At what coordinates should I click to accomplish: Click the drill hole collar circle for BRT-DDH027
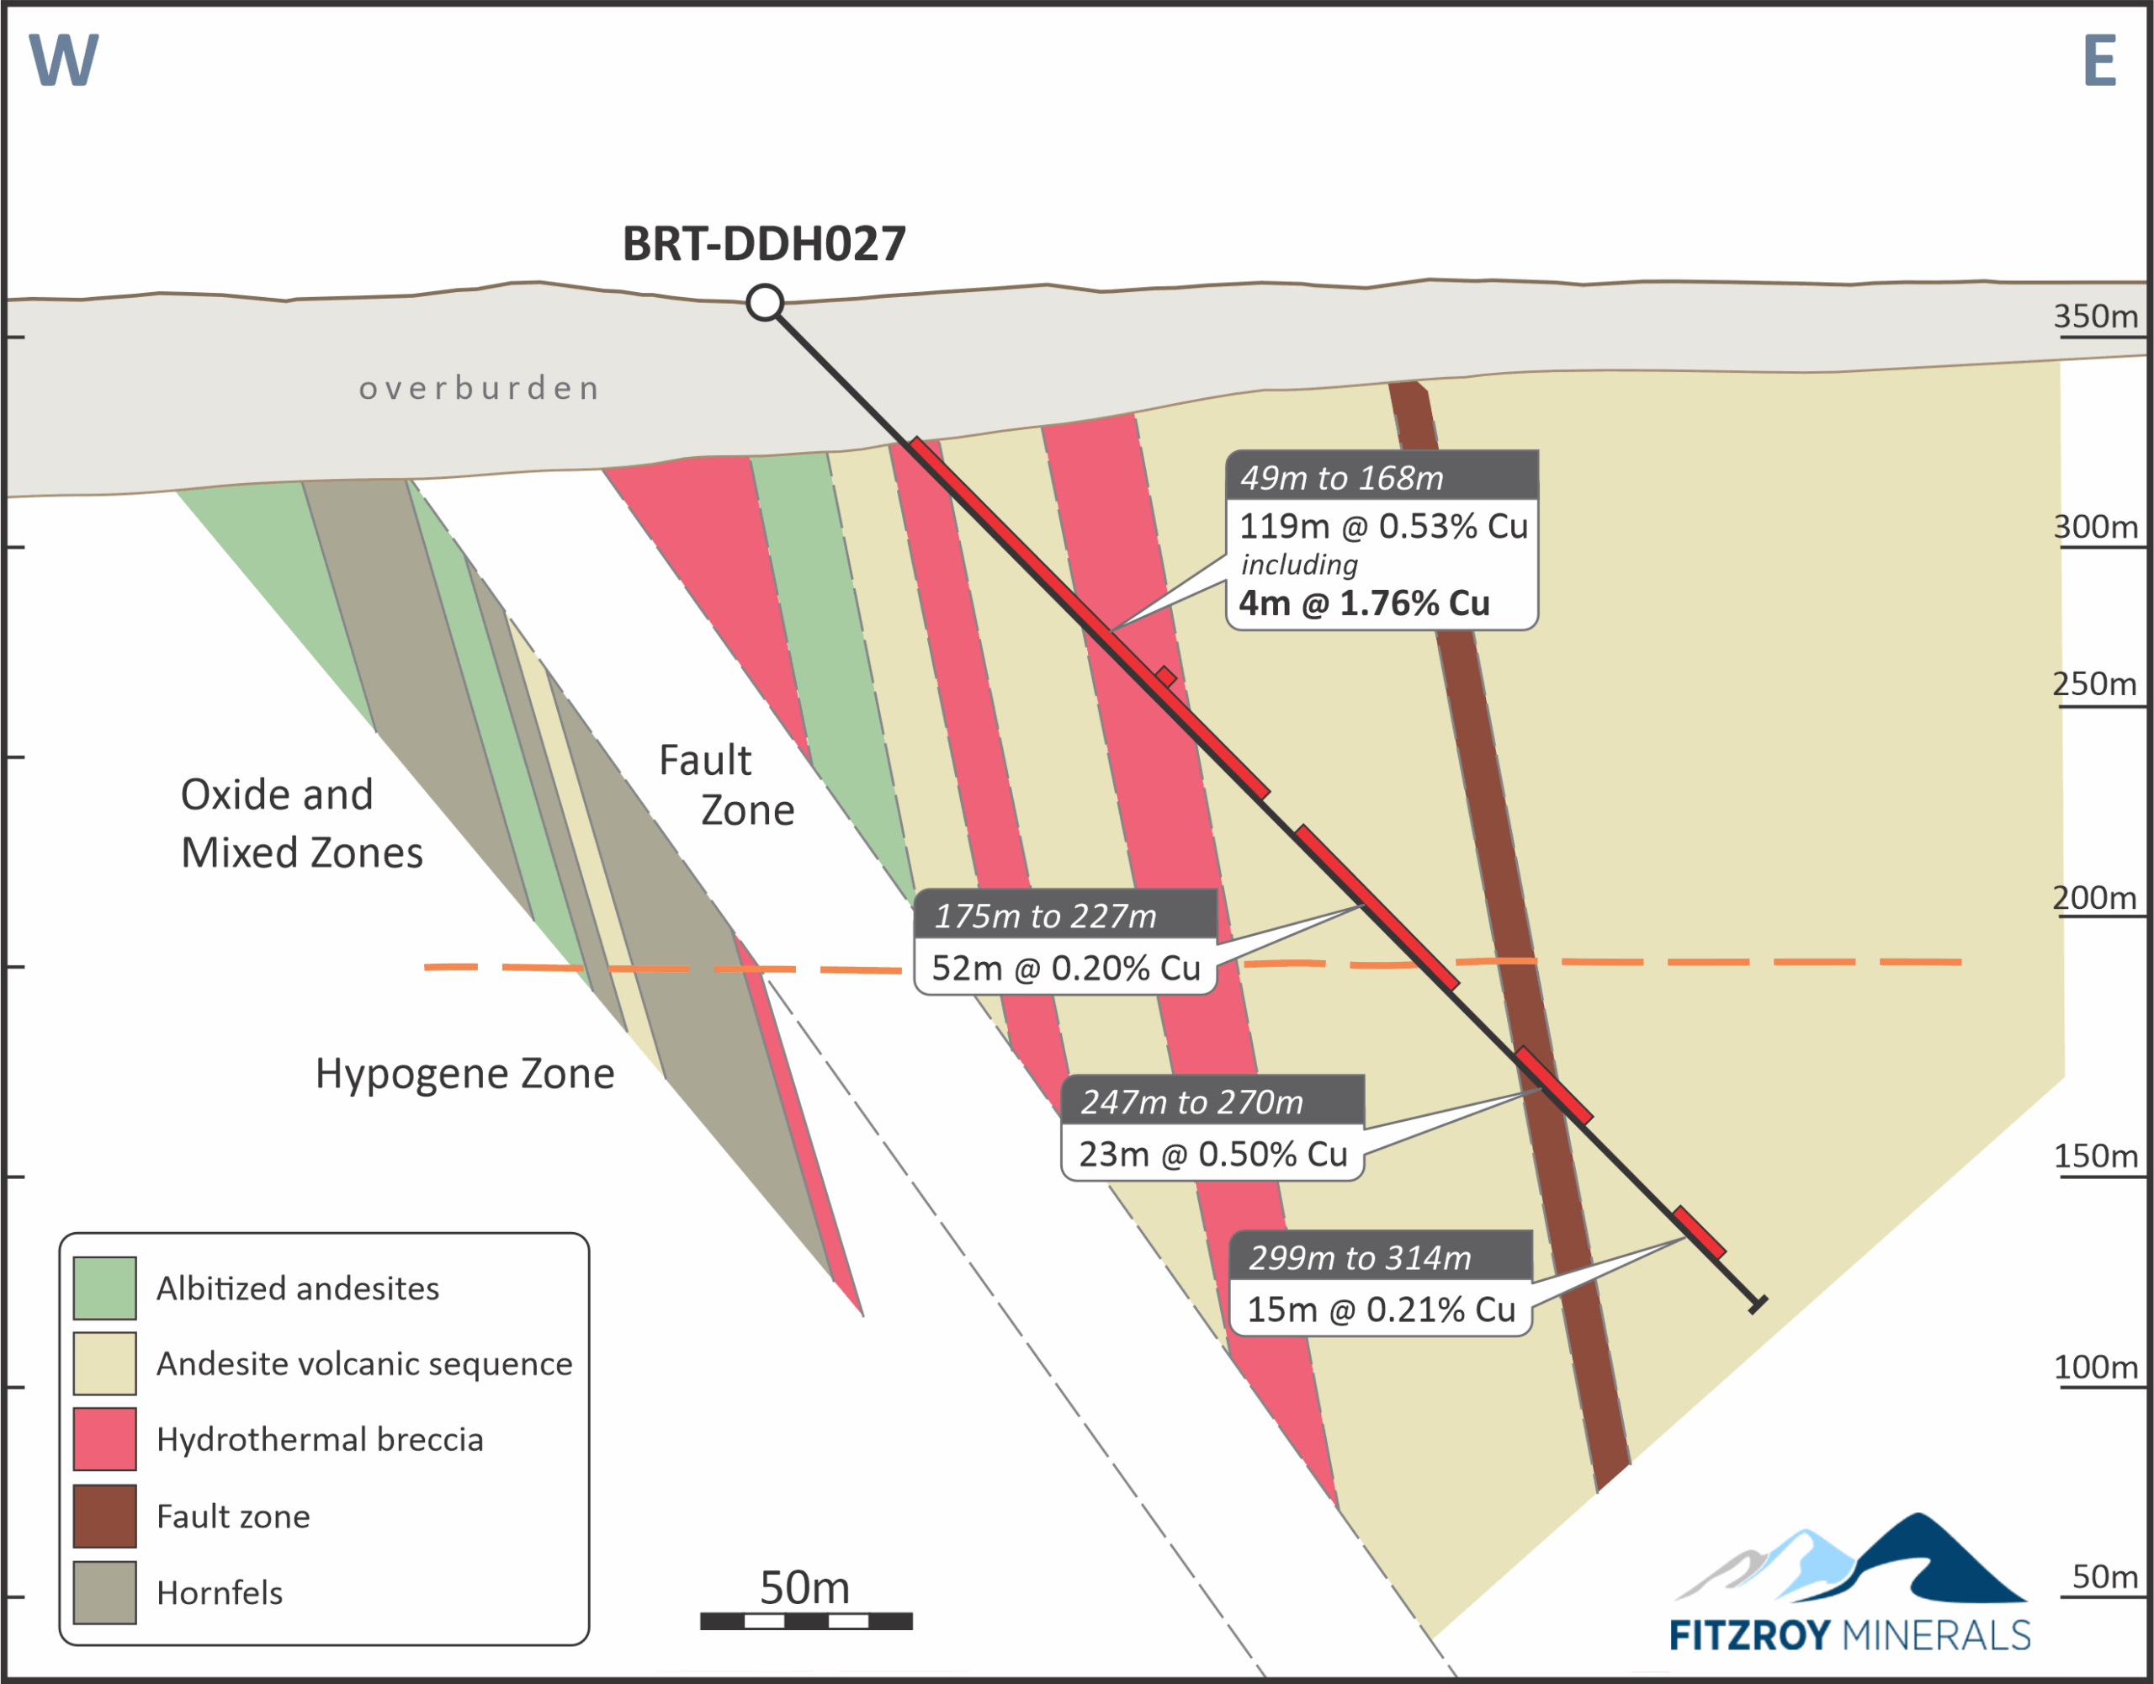pos(764,302)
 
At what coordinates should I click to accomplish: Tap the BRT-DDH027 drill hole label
pos(763,244)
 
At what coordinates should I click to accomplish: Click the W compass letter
pos(63,61)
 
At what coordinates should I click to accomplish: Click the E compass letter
pos(2100,61)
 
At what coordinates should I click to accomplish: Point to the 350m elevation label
pos(2096,316)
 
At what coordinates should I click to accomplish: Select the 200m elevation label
pos(2095,898)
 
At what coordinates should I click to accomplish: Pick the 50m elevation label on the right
pos(2104,1576)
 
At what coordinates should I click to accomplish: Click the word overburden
pos(480,388)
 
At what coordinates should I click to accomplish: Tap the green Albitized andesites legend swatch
pos(104,1288)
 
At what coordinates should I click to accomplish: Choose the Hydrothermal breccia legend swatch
pos(104,1439)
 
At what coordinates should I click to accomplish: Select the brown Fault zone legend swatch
pos(104,1516)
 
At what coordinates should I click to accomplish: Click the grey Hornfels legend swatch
pos(104,1592)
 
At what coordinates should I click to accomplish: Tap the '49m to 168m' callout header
pos(1381,477)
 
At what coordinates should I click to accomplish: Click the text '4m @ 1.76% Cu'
pos(1364,603)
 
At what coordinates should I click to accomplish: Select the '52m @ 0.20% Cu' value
pos(1065,968)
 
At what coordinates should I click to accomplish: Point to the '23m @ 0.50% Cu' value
pos(1212,1153)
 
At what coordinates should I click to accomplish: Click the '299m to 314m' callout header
pos(1380,1258)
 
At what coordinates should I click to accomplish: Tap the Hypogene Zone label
pos(464,1073)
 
